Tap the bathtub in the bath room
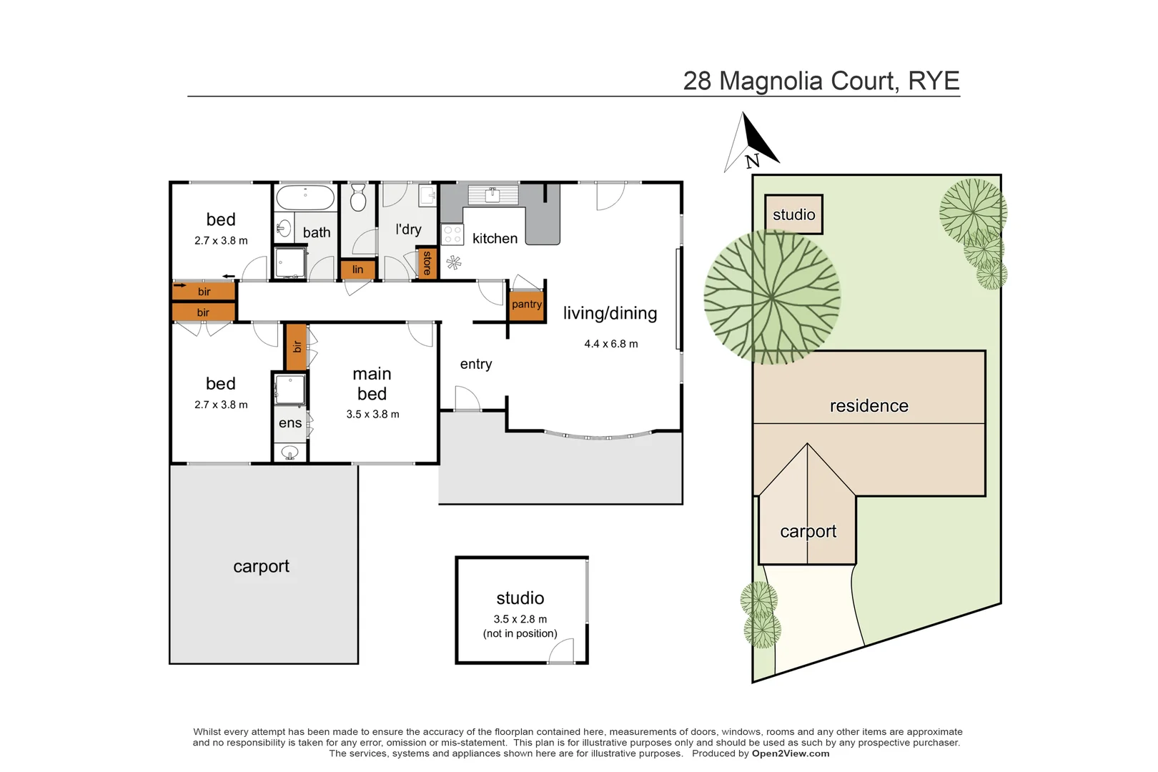pos(305,197)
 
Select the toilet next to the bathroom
pos(358,198)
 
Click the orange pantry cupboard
pos(527,305)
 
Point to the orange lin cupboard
pos(357,269)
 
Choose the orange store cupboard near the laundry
pos(427,263)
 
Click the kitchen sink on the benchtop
pos(493,194)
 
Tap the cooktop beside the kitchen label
pos(452,234)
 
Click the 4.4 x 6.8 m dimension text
pos(610,344)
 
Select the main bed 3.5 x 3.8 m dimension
pos(372,415)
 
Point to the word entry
pos(475,365)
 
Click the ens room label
pos(289,423)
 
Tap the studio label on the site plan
pos(793,214)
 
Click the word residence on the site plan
pos(868,406)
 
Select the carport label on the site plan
pos(808,532)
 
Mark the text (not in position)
pos(520,634)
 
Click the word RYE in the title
pos(934,81)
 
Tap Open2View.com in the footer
pos(790,753)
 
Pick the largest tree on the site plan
pos(772,297)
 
